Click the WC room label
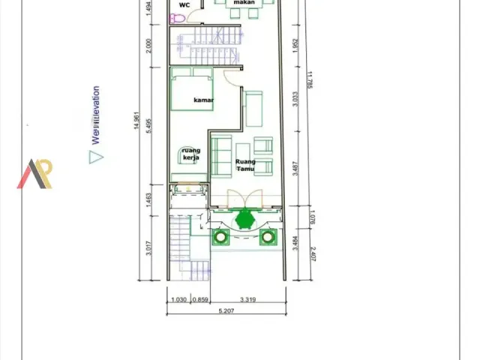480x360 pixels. pyautogui.click(x=184, y=4)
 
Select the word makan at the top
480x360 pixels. pyautogui.click(x=244, y=3)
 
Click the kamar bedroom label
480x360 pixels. pyautogui.click(x=204, y=100)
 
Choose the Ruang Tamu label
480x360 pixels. pyautogui.click(x=244, y=165)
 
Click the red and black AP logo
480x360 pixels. pyautogui.click(x=35, y=174)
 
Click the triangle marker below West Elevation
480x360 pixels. pyautogui.click(x=95, y=157)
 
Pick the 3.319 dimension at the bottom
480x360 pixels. pyautogui.click(x=248, y=300)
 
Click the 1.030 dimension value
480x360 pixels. pyautogui.click(x=178, y=300)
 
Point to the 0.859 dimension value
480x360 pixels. pyautogui.click(x=200, y=300)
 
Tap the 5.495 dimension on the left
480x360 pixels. pyautogui.click(x=150, y=124)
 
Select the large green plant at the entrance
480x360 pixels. pyautogui.click(x=244, y=218)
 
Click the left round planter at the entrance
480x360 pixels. pyautogui.click(x=220, y=238)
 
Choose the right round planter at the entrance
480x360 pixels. pyautogui.click(x=268, y=238)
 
